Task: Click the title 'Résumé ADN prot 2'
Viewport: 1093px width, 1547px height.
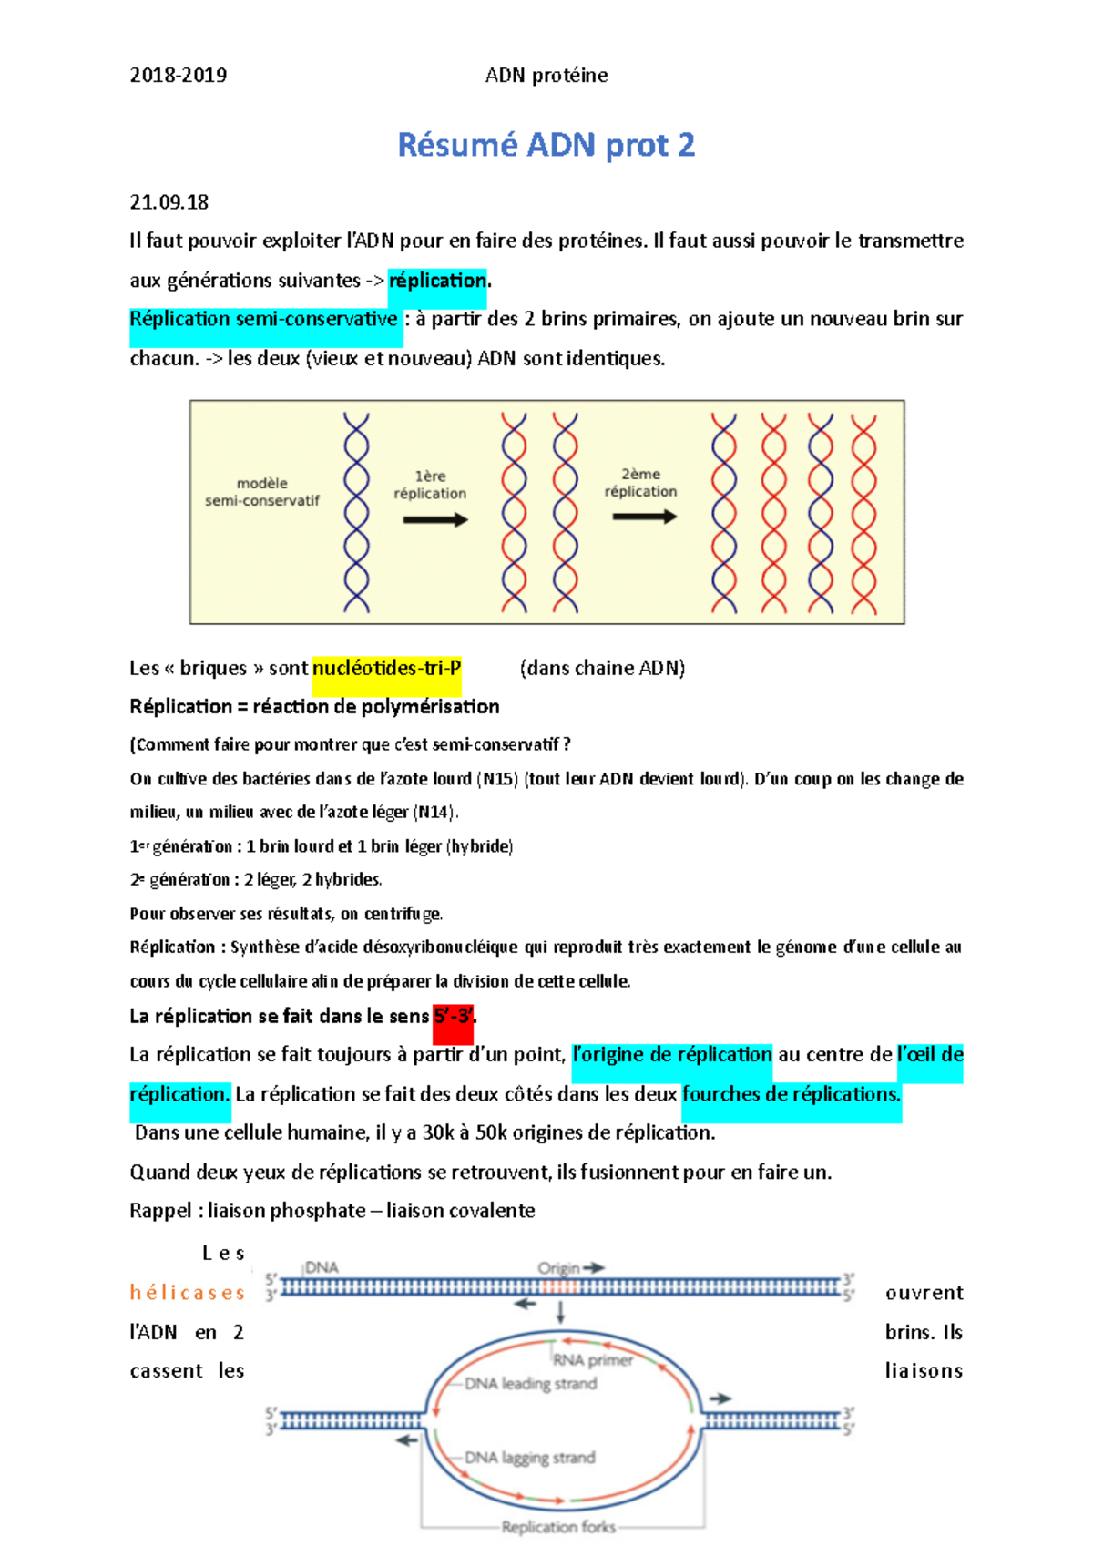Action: (x=546, y=145)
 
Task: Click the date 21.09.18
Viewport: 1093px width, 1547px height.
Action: (x=169, y=202)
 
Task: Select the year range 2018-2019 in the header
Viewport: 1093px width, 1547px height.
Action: (x=179, y=76)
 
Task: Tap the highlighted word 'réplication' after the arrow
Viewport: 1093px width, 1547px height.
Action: (x=438, y=281)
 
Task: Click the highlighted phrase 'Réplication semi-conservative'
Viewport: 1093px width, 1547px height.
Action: (x=264, y=320)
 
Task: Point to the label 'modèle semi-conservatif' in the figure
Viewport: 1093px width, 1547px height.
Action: (x=262, y=492)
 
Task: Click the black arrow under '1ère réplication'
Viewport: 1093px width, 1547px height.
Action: (x=435, y=520)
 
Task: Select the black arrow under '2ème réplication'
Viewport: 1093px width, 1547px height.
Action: (x=645, y=517)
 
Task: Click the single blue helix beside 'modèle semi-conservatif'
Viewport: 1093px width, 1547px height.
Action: (x=356, y=512)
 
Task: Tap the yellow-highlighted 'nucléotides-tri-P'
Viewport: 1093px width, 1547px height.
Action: (x=387, y=669)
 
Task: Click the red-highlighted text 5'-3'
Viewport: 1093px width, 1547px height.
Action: (x=453, y=1017)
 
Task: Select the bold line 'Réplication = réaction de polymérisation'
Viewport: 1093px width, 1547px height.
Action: (x=314, y=707)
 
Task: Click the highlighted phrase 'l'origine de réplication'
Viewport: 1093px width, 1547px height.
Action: (x=672, y=1055)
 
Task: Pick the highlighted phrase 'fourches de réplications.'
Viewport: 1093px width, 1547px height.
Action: (x=792, y=1094)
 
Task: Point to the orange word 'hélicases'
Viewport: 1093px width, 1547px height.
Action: (x=188, y=1293)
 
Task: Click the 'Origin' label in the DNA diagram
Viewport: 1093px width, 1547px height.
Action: (x=558, y=1268)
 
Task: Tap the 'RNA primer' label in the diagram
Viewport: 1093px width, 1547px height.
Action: (x=593, y=1360)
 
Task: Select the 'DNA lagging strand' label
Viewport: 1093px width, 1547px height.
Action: (x=530, y=1458)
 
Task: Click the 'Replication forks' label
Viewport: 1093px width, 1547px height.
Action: (x=558, y=1527)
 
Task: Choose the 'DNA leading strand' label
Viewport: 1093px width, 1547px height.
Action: (x=531, y=1384)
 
